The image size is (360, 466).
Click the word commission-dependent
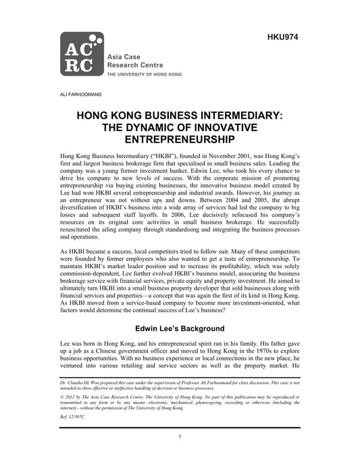click(97, 278)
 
